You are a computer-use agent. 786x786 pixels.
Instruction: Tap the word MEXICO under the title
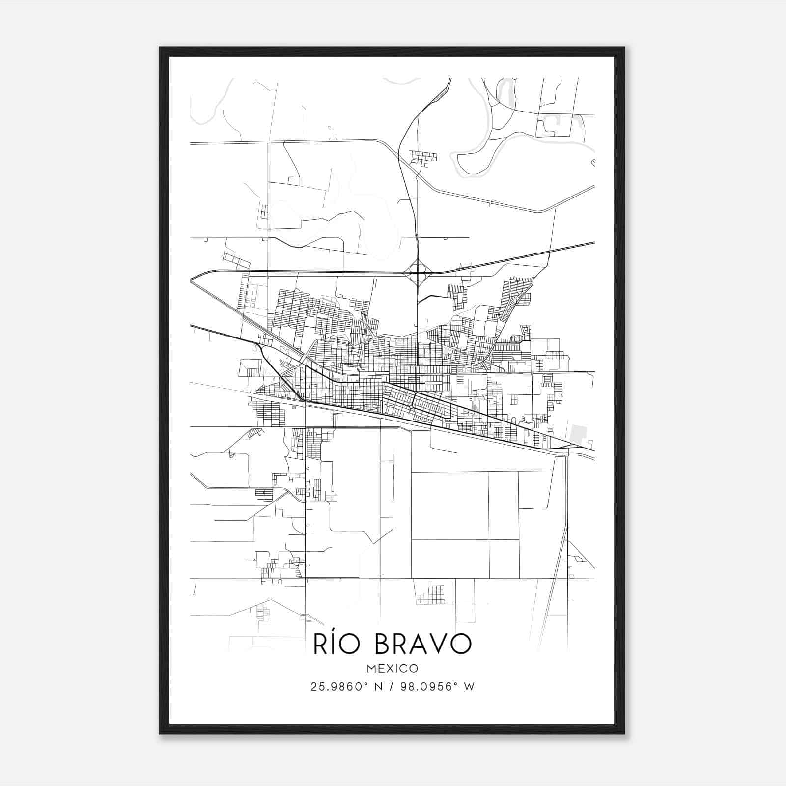point(392,668)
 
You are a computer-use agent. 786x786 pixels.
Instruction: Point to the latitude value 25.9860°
point(339,687)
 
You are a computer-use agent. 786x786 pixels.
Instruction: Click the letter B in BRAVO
point(384,644)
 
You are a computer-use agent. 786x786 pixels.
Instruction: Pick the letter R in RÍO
point(322,644)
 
